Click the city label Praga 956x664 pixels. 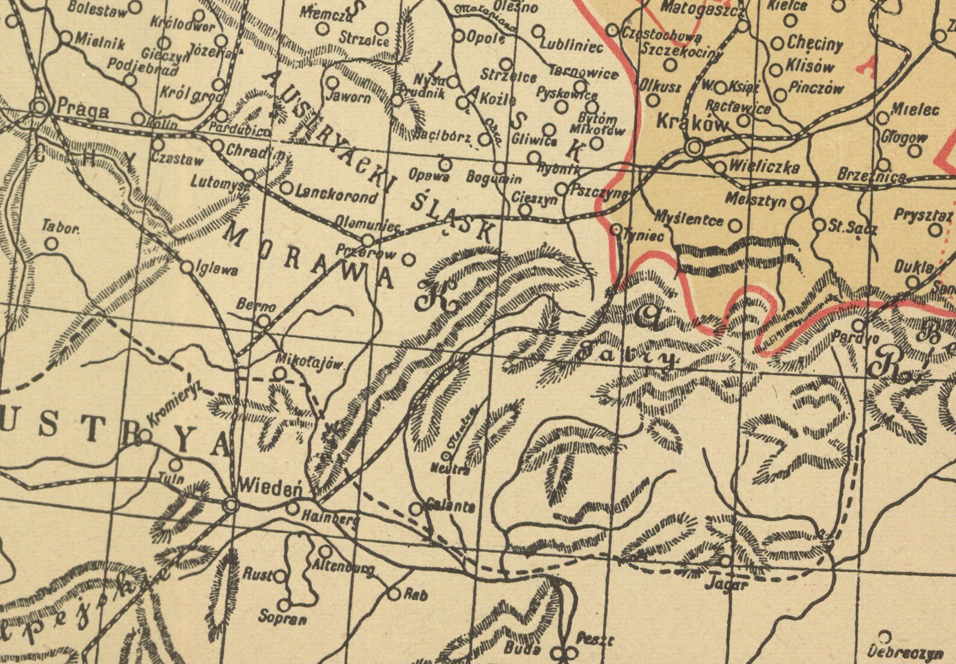click(83, 111)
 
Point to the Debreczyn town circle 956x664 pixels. click(885, 636)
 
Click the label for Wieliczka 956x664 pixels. click(764, 166)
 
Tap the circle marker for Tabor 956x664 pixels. click(52, 244)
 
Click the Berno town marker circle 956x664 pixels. click(264, 321)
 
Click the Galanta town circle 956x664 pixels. click(415, 509)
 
